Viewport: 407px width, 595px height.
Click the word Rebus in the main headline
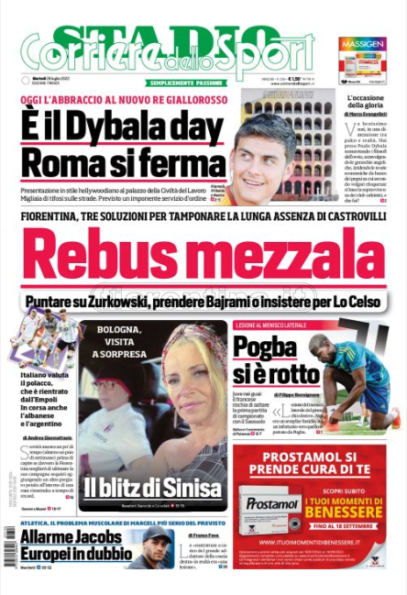pyautogui.click(x=115, y=261)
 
